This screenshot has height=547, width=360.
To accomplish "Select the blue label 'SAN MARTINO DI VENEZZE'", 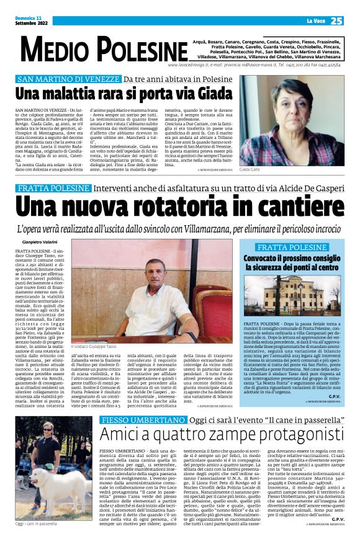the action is coord(68,80).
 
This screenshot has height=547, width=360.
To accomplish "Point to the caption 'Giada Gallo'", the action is coord(251,169).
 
